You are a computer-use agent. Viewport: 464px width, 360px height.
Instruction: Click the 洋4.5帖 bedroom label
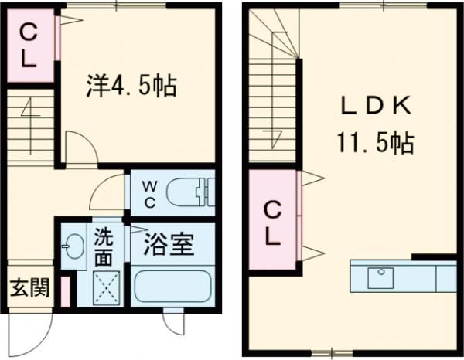coord(131,86)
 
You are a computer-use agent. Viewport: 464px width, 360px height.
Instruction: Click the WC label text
coord(152,193)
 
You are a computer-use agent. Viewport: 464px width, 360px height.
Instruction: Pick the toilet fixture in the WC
coord(190,191)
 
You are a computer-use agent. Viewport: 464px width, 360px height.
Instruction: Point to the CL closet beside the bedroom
coord(29,47)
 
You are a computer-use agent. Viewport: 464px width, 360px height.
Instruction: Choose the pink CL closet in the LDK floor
coord(272,221)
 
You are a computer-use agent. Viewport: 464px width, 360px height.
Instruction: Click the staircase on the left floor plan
coord(31,127)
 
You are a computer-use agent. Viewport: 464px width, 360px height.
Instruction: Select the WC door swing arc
coord(113,189)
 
